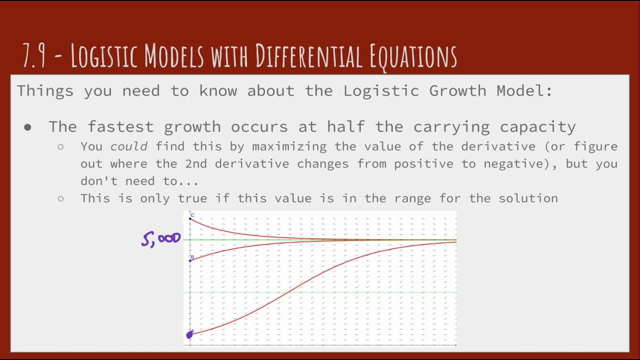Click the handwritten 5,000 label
pyautogui.click(x=161, y=239)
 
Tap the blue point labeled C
pyautogui.click(x=190, y=218)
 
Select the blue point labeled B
pyautogui.click(x=190, y=260)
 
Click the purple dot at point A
pyautogui.click(x=189, y=335)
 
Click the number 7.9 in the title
pyautogui.click(x=34, y=56)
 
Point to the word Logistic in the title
pyautogui.click(x=106, y=56)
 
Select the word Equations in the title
pyautogui.click(x=413, y=56)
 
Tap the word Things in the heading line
pyautogui.click(x=45, y=91)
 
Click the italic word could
pyautogui.click(x=129, y=146)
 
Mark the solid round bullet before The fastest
pyautogui.click(x=27, y=127)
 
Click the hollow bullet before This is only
pyautogui.click(x=60, y=198)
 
